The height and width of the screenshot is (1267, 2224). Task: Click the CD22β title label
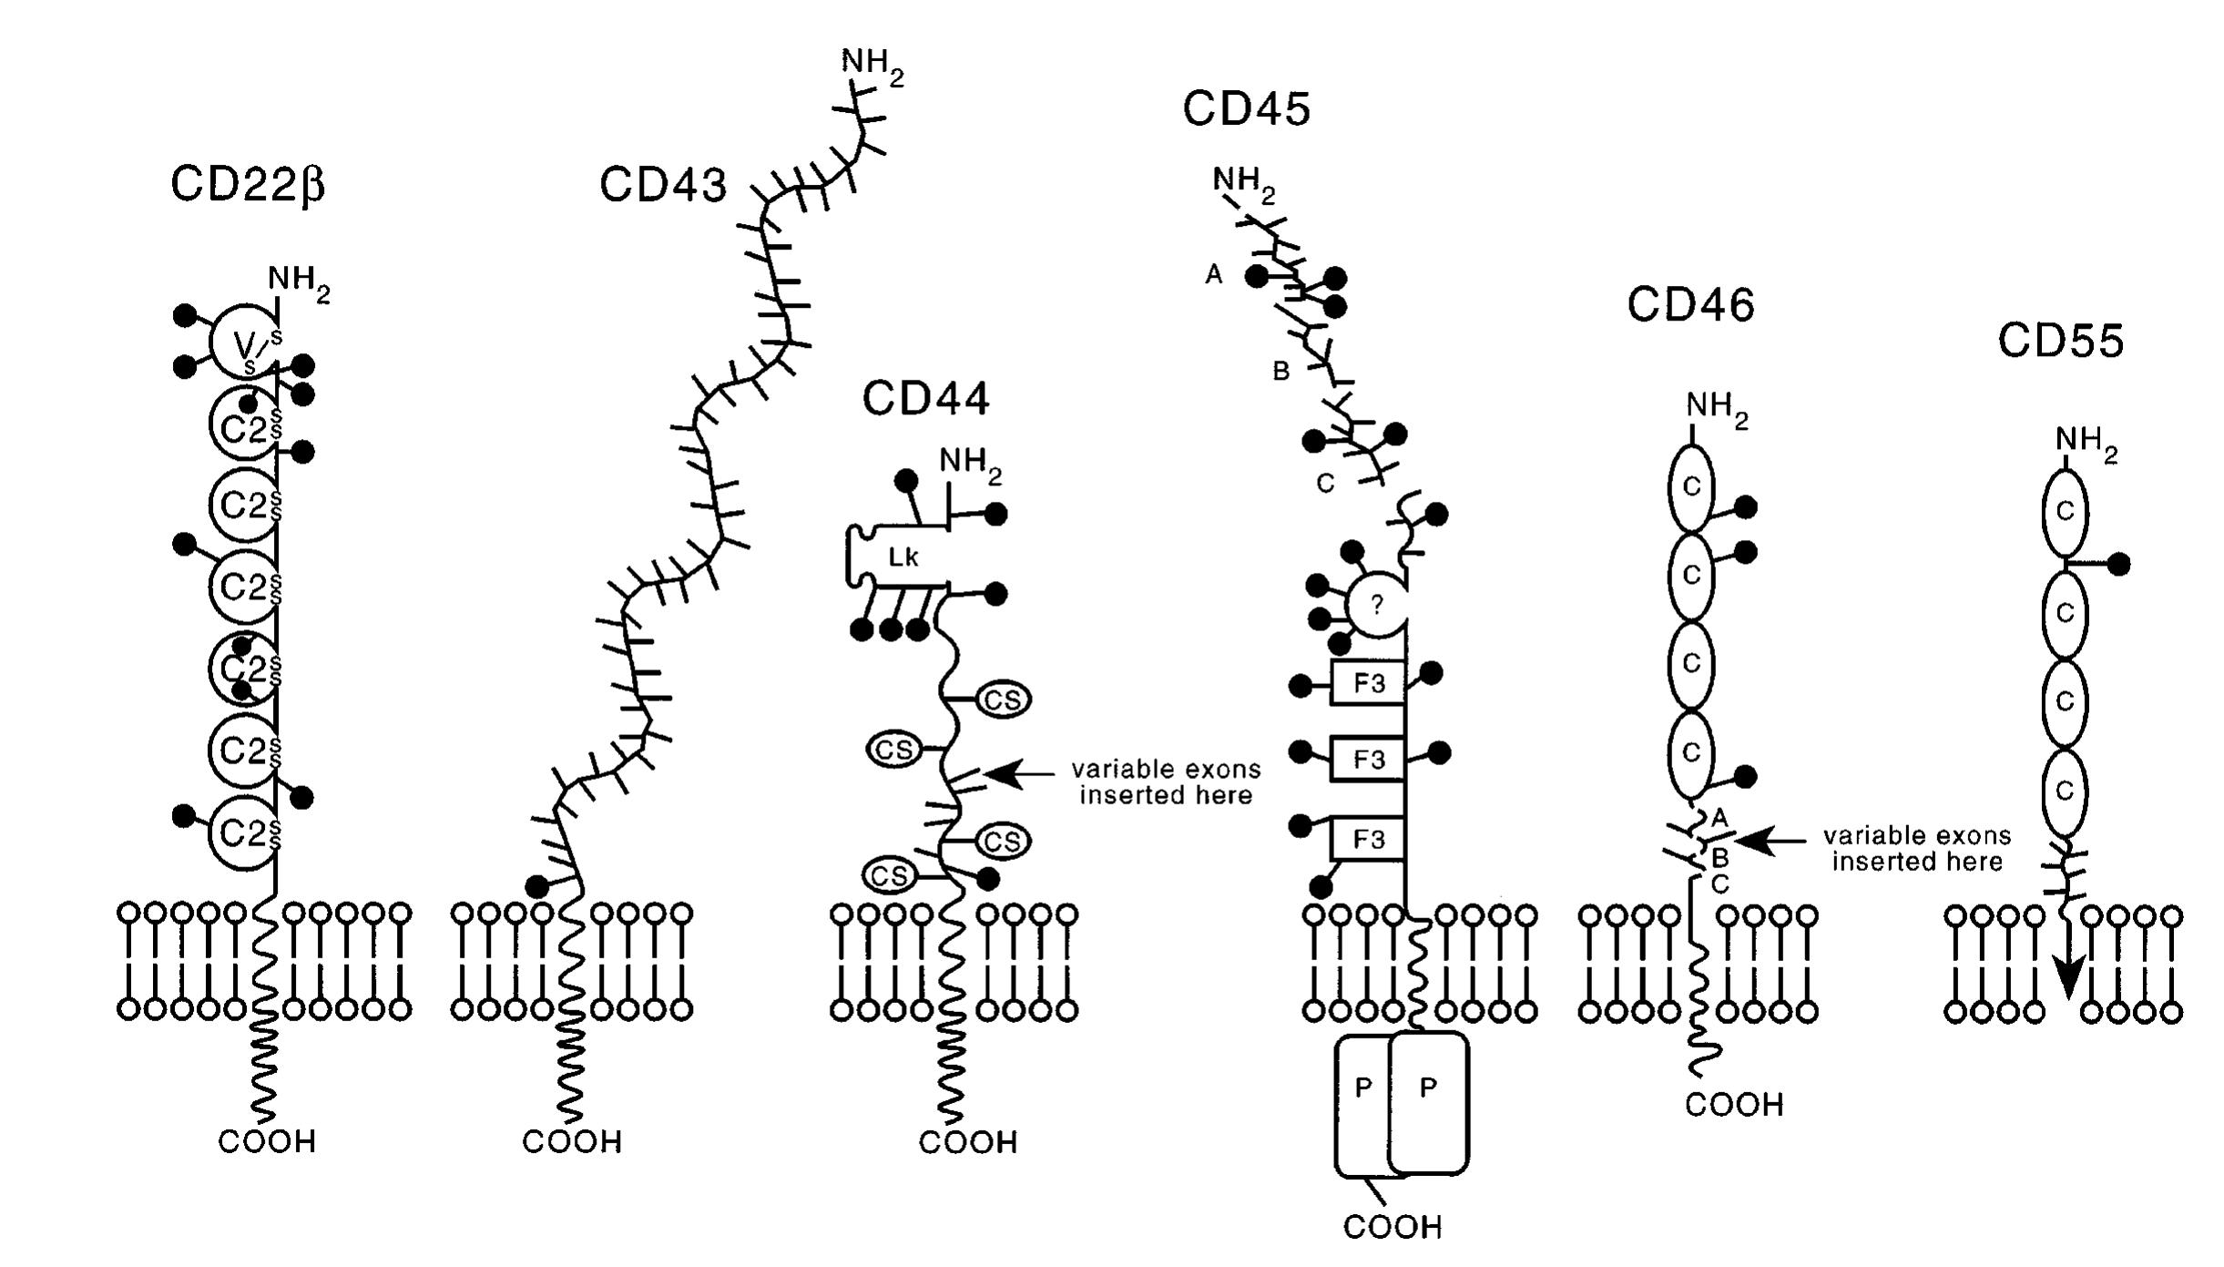[x=247, y=185]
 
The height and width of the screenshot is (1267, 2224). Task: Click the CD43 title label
[x=663, y=186]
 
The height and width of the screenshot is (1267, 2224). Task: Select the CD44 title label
[x=925, y=399]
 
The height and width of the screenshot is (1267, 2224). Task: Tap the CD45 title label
[x=1246, y=109]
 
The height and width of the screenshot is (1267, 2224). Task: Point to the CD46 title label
[x=1690, y=305]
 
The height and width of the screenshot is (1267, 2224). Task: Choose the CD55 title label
[x=2060, y=342]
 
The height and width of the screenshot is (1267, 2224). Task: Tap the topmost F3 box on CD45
[x=1368, y=683]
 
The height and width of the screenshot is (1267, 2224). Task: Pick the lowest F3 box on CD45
[x=1368, y=839]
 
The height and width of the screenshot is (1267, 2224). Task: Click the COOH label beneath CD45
[x=1393, y=1228]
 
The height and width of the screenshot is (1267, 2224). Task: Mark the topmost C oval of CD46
[x=1690, y=487]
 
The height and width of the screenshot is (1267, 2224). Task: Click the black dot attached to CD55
[x=2118, y=565]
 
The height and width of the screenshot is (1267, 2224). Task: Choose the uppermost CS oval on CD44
[x=1003, y=700]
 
